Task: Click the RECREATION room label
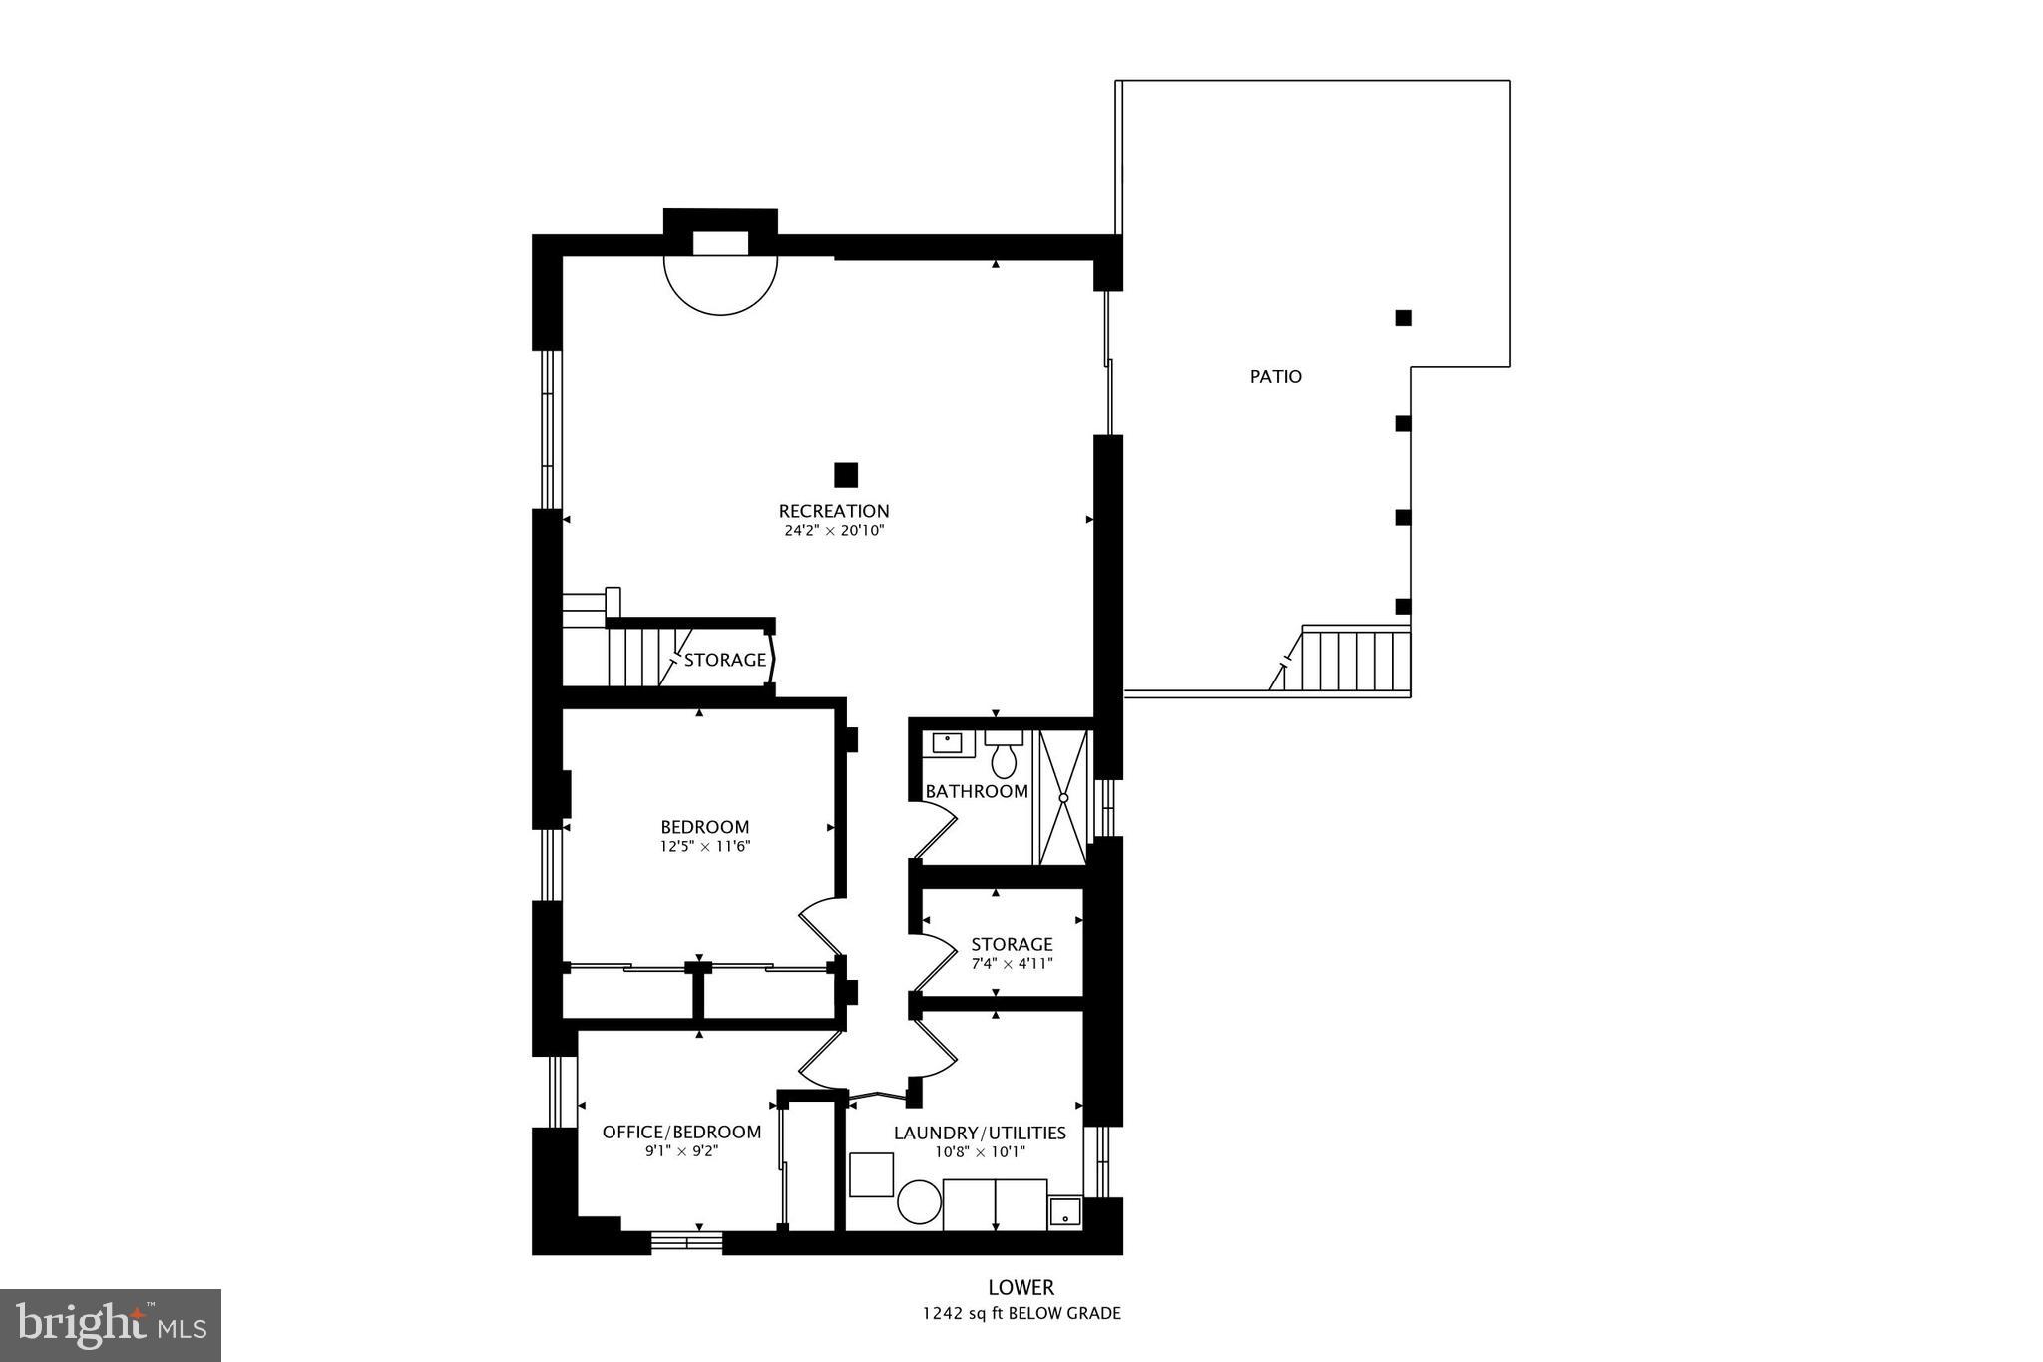[x=834, y=511]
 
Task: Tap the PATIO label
[x=1276, y=377]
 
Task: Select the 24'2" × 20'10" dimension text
[x=834, y=531]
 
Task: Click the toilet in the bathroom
[x=1004, y=757]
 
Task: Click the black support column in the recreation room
[x=846, y=474]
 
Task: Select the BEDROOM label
[x=704, y=827]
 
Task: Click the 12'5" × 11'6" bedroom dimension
[x=704, y=847]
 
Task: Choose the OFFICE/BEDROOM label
[x=681, y=1132]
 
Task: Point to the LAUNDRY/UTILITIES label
[x=980, y=1133]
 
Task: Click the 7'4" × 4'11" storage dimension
[x=1012, y=964]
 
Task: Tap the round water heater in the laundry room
[x=919, y=1202]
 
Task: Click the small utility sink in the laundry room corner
[x=1065, y=1212]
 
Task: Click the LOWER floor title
[x=1021, y=1288]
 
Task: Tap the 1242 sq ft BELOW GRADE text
[x=1021, y=1314]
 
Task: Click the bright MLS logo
[x=111, y=1325]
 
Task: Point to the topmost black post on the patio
[x=1403, y=318]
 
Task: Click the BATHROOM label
[x=977, y=791]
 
